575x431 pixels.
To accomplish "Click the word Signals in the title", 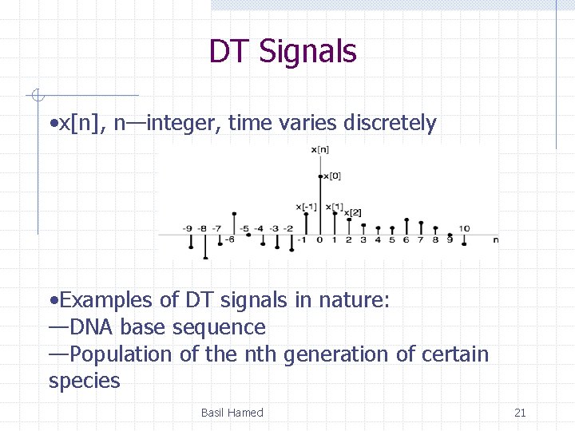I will pyautogui.click(x=307, y=52).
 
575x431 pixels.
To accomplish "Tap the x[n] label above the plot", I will pyautogui.click(x=320, y=149).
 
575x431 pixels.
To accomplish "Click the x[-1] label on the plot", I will pyautogui.click(x=307, y=207).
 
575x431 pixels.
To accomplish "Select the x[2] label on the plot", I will pyautogui.click(x=353, y=212).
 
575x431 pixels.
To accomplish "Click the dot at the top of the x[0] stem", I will pyautogui.click(x=320, y=176).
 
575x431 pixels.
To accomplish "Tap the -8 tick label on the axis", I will pyautogui.click(x=203, y=228).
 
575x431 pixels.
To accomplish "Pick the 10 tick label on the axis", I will pyautogui.click(x=464, y=228).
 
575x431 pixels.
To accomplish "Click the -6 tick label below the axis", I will pyautogui.click(x=229, y=239).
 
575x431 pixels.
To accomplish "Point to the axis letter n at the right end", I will pyautogui.click(x=495, y=239).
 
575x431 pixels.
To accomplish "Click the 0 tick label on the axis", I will pyautogui.click(x=319, y=239).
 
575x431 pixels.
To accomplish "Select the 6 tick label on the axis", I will pyautogui.click(x=406, y=239).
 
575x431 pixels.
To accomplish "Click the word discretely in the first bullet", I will pyautogui.click(x=390, y=124).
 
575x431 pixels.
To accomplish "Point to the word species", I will pyautogui.click(x=84, y=381).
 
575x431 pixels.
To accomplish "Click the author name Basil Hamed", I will pyautogui.click(x=232, y=413).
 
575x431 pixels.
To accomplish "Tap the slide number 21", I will pyautogui.click(x=520, y=413).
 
